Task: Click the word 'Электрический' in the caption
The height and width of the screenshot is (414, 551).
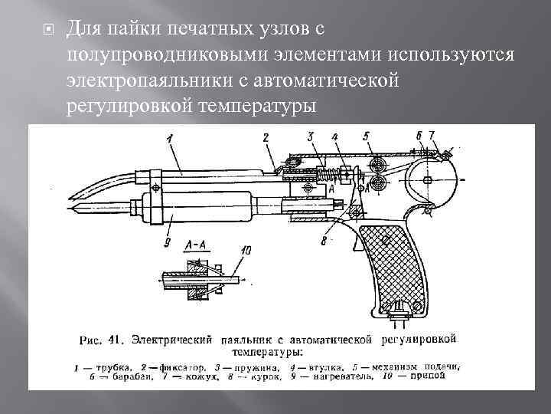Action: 176,337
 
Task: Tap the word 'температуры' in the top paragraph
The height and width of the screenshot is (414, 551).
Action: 263,103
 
